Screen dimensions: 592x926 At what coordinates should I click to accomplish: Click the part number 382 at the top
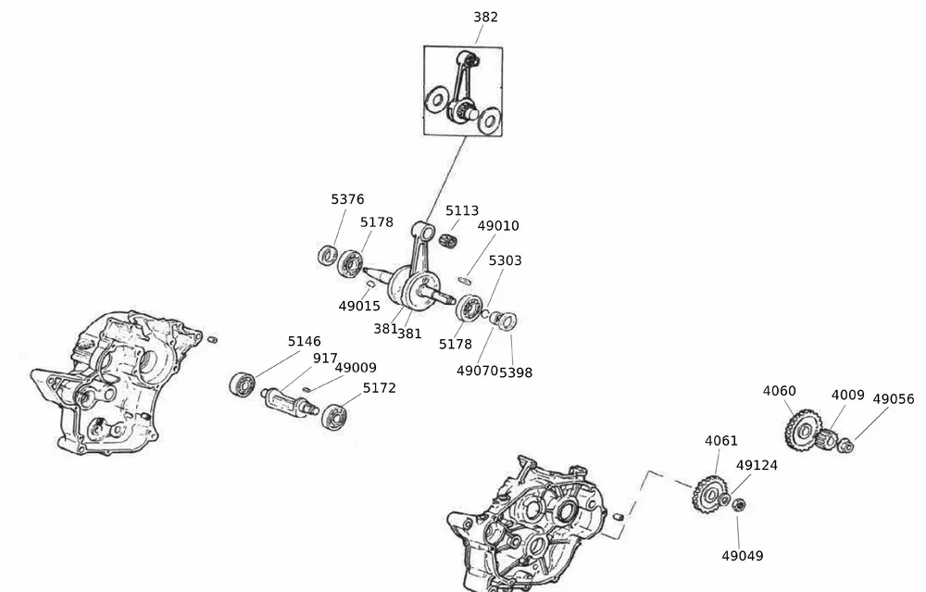click(485, 17)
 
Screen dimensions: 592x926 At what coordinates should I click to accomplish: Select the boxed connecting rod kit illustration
click(463, 91)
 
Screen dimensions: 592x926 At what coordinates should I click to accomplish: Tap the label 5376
click(347, 199)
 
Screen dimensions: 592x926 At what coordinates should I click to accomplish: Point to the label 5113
click(462, 210)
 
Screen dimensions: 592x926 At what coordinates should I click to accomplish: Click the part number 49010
click(498, 226)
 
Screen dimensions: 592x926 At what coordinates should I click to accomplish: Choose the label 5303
click(505, 260)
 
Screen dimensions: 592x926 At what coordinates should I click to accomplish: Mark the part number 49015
click(359, 306)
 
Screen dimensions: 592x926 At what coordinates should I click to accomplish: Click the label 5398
click(516, 372)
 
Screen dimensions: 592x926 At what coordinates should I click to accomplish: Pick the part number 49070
click(477, 371)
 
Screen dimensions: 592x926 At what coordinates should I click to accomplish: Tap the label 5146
click(304, 342)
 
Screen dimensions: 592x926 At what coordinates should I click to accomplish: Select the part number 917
click(325, 359)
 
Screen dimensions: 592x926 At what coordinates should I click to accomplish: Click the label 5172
click(379, 388)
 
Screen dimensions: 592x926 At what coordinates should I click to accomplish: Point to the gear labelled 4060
click(801, 429)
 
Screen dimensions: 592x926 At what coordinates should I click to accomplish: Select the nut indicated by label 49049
click(739, 505)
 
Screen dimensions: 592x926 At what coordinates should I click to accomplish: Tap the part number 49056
click(893, 399)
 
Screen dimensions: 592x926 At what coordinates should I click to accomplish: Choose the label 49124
click(757, 465)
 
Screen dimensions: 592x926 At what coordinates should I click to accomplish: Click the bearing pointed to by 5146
click(243, 383)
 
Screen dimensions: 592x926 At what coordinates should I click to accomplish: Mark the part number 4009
click(847, 396)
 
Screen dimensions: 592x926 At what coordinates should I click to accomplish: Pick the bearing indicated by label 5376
click(328, 255)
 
